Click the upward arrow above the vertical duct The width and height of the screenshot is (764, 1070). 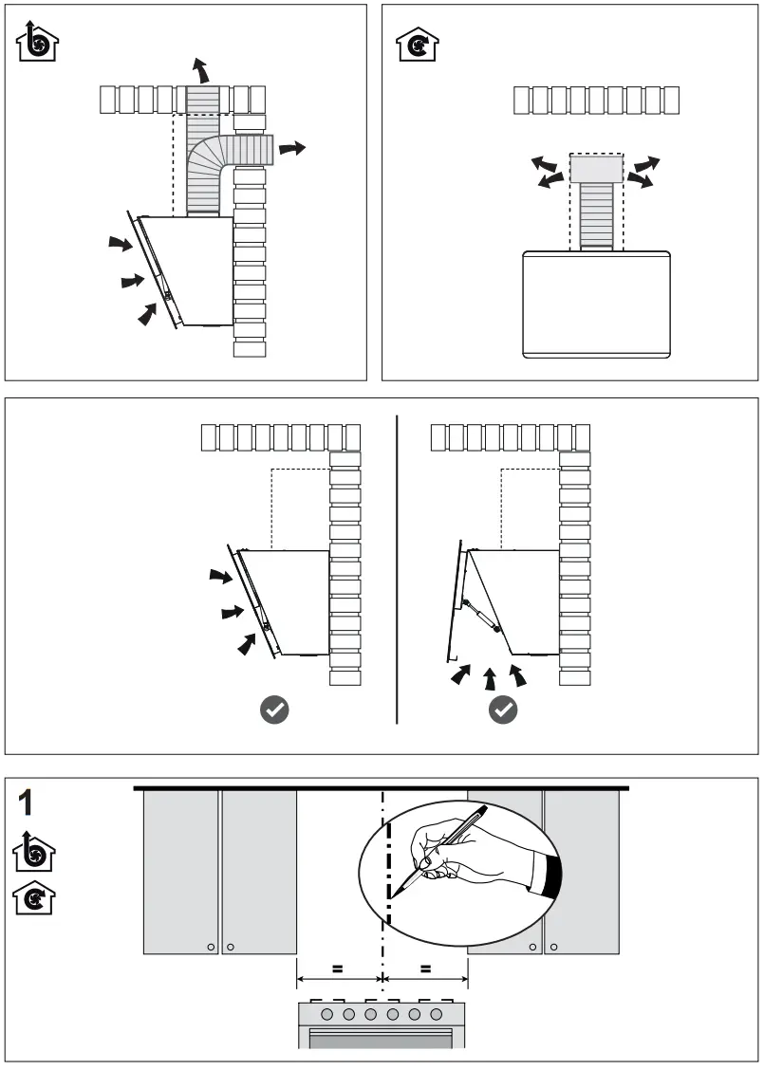pos(199,69)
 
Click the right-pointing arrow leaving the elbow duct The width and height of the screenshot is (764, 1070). pos(293,148)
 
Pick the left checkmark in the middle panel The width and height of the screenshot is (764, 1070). pos(274,709)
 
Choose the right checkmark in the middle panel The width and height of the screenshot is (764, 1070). pos(503,709)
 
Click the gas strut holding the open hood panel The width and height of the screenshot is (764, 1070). pos(481,611)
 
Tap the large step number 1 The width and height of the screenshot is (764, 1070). pos(28,802)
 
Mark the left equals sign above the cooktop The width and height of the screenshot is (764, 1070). pos(336,969)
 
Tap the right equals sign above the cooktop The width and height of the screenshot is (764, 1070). pos(425,969)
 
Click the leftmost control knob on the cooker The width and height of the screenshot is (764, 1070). pos(326,1014)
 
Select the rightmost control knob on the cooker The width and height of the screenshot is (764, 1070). pos(437,1014)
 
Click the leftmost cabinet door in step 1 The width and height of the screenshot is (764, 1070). pos(180,871)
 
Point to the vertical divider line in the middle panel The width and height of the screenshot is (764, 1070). pos(397,569)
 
